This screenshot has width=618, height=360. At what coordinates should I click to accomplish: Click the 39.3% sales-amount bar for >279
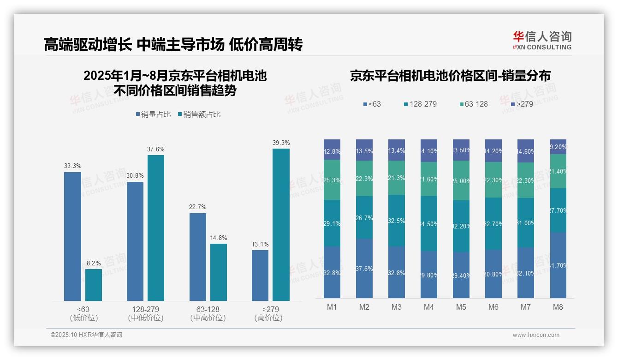[x=281, y=225]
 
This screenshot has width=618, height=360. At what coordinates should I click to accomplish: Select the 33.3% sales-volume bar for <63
[x=72, y=236]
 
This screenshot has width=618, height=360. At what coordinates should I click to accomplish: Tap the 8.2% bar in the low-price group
[x=94, y=285]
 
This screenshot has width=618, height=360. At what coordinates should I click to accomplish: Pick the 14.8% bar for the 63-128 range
[x=219, y=272]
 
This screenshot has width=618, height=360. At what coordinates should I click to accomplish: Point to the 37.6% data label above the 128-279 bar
[x=155, y=149]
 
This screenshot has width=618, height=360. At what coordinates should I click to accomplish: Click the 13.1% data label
[x=260, y=244]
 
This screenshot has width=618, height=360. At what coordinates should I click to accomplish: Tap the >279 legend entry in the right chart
[x=522, y=104]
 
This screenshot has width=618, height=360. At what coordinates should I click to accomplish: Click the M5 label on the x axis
[x=461, y=307]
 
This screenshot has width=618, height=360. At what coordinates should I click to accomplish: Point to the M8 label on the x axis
[x=558, y=307]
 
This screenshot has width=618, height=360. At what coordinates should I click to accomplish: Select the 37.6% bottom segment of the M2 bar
[x=364, y=268]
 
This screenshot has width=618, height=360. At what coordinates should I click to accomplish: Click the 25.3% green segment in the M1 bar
[x=332, y=180]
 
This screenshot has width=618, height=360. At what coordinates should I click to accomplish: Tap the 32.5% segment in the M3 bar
[x=397, y=220]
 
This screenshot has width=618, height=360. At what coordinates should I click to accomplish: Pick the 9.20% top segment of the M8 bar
[x=558, y=147]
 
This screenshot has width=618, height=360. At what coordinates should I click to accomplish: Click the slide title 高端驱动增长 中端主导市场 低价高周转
[x=173, y=45]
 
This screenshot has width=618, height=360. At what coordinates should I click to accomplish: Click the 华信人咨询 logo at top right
[x=542, y=40]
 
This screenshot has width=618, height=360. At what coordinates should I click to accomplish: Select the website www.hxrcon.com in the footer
[x=535, y=335]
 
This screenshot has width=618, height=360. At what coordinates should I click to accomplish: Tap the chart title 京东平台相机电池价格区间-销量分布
[x=450, y=76]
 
